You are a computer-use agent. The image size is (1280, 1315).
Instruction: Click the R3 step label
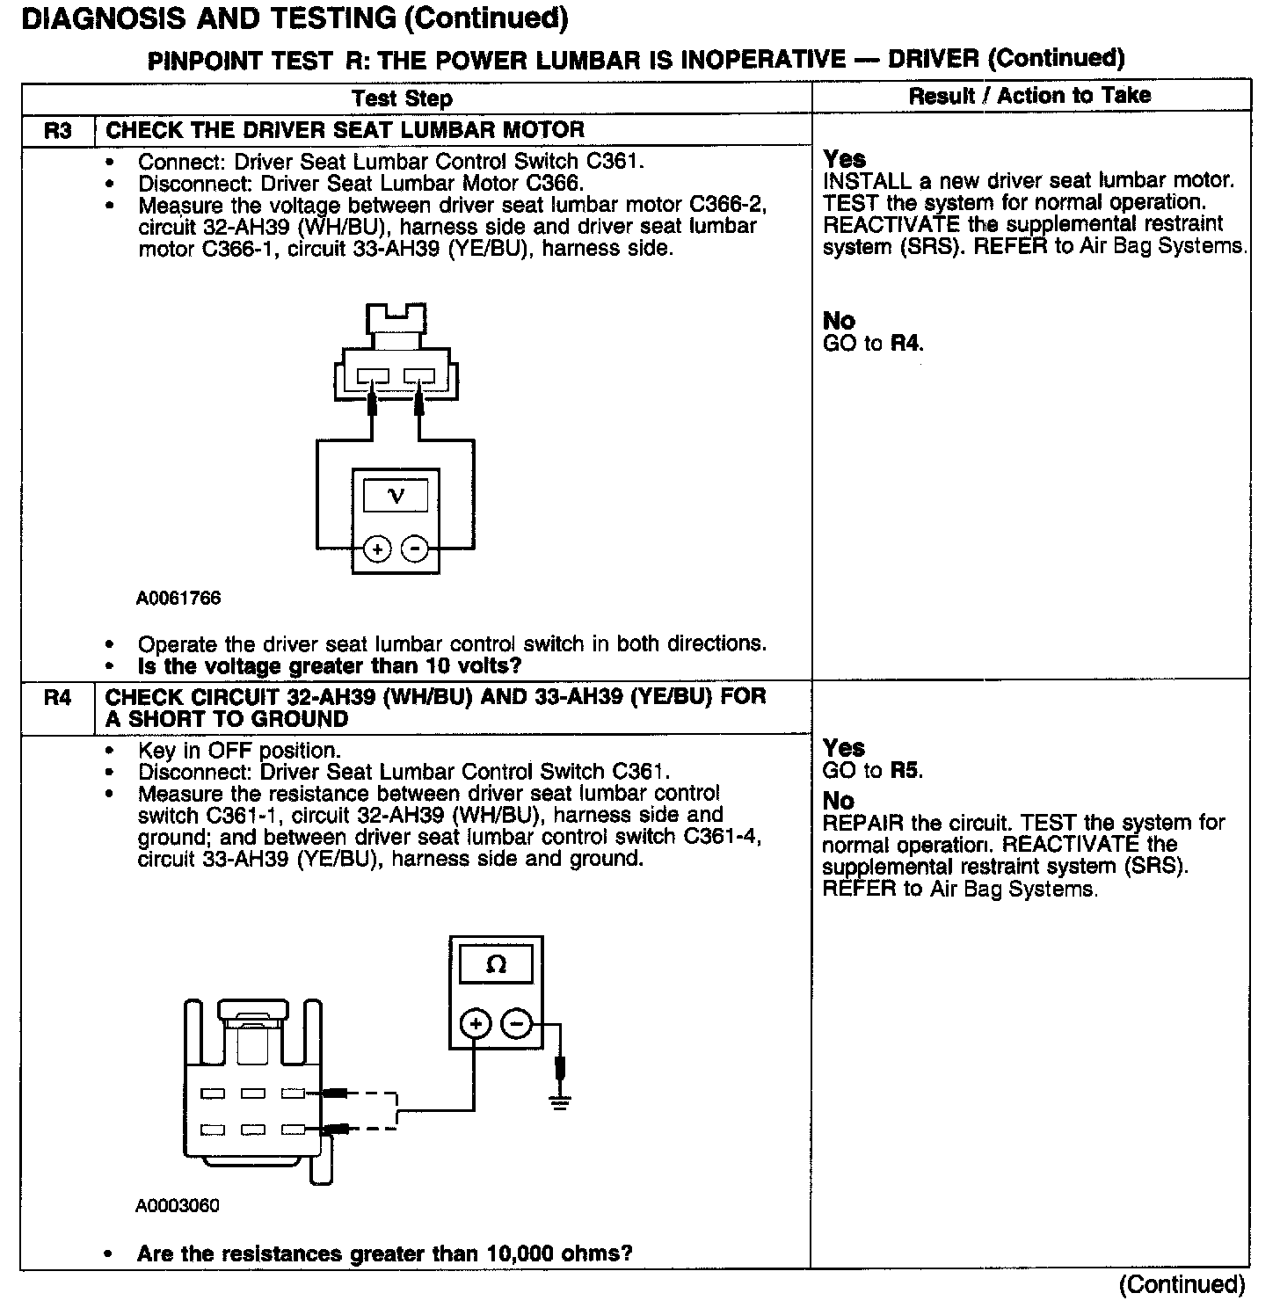click(x=57, y=131)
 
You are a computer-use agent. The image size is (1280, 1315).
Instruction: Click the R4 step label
click(x=57, y=698)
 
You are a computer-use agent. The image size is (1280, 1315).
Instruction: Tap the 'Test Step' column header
click(x=402, y=98)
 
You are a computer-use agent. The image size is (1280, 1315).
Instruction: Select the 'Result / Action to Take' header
click(x=1029, y=96)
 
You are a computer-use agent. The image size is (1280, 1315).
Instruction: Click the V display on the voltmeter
click(x=396, y=497)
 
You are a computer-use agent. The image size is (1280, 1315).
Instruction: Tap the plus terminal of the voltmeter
click(x=377, y=549)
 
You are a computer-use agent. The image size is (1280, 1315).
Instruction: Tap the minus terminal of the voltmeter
click(x=414, y=549)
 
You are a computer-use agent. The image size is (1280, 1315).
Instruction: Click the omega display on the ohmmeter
click(x=496, y=965)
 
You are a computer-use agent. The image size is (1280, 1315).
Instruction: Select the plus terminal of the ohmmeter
click(x=475, y=1024)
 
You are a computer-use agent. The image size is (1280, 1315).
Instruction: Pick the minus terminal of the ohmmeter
click(x=517, y=1024)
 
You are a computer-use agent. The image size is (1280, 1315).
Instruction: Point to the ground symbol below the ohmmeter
click(x=560, y=1101)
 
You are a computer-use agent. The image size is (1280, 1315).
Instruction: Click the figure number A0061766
click(x=178, y=599)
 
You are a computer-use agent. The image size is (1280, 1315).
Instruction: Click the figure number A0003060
click(x=178, y=1205)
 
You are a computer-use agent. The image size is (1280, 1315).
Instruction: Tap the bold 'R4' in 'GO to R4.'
click(x=905, y=343)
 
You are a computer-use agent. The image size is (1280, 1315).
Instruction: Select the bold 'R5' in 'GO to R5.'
click(x=905, y=771)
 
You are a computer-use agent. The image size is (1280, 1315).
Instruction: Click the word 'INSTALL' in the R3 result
click(x=867, y=181)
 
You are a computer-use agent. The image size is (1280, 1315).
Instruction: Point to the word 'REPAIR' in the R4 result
click(x=862, y=823)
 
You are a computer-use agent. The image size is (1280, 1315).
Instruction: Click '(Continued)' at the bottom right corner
click(x=1182, y=1284)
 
